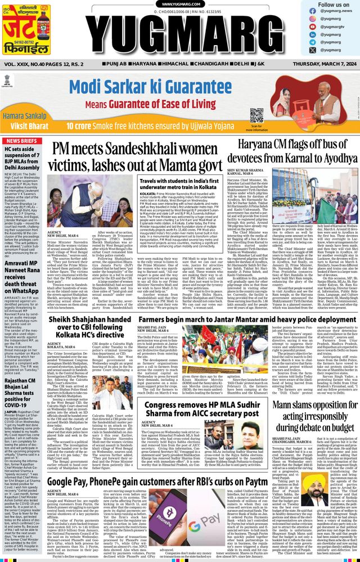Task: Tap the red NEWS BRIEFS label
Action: click(21, 141)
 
